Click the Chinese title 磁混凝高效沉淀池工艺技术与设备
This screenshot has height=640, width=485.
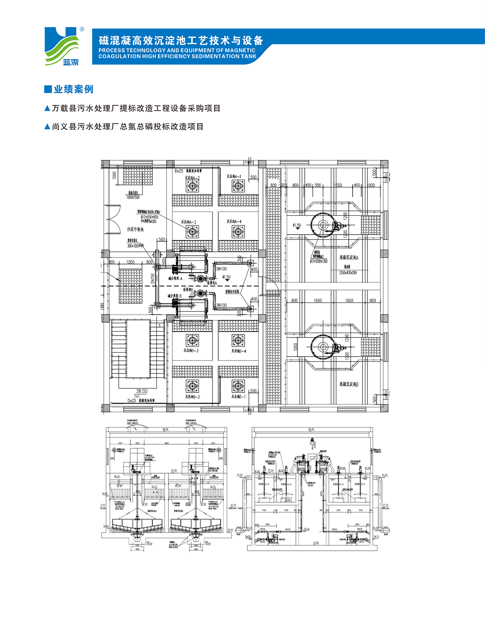181,40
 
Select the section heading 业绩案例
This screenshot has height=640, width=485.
69,89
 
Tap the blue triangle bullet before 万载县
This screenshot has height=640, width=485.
47,108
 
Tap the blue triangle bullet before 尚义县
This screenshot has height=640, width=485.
47,127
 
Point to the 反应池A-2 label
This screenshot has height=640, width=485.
192,178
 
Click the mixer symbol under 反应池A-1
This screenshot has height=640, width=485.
238,186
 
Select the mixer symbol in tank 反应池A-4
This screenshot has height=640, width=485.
238,231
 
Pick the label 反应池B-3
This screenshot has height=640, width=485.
191,350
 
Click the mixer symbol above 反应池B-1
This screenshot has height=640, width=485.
238,386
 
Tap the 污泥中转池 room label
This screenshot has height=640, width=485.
135,229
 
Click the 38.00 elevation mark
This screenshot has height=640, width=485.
141,391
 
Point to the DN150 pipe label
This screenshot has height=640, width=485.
153,278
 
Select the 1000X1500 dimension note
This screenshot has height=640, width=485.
133,197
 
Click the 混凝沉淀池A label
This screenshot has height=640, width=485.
348,257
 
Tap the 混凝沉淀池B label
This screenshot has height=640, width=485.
348,384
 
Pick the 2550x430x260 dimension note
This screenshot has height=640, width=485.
348,273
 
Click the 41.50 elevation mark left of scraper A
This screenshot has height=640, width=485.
297,225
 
